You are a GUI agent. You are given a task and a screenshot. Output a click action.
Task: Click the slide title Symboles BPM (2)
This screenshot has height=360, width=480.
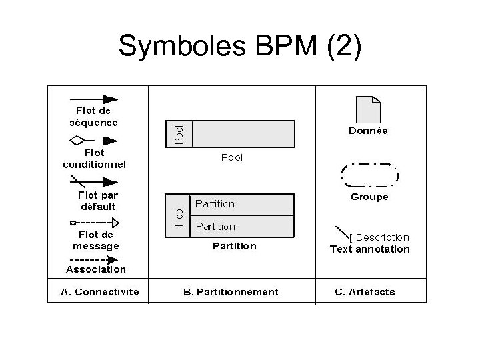pyautogui.click(x=240, y=46)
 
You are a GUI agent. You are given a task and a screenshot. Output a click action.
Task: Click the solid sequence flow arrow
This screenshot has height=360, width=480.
pyautogui.click(x=93, y=99)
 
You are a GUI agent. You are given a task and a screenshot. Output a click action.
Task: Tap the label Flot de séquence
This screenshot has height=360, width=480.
pyautogui.click(x=93, y=117)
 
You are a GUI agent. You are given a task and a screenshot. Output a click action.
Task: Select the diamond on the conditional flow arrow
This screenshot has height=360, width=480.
pyautogui.click(x=77, y=141)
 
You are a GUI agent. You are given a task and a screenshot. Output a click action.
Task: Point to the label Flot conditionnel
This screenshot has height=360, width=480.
pyautogui.click(x=94, y=158)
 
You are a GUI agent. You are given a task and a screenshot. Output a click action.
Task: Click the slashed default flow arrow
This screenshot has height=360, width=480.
pyautogui.click(x=93, y=181)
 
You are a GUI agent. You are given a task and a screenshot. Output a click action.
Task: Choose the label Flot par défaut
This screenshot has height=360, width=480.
pyautogui.click(x=97, y=201)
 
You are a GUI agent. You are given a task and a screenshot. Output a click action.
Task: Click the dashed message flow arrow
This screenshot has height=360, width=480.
pyautogui.click(x=94, y=223)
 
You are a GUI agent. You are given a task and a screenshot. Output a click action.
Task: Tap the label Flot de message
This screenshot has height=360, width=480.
pyautogui.click(x=96, y=240)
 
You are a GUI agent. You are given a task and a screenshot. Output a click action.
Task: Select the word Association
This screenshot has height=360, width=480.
pyautogui.click(x=96, y=269)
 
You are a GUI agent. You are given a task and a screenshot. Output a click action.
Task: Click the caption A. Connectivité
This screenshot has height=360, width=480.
pyautogui.click(x=100, y=291)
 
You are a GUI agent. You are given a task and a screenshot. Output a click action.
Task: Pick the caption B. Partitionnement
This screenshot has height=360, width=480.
pyautogui.click(x=231, y=291)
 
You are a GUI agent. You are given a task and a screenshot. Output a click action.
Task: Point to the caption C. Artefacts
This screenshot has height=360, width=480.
pyautogui.click(x=365, y=291)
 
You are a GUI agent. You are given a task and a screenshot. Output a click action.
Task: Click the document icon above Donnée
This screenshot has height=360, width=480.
pyautogui.click(x=368, y=109)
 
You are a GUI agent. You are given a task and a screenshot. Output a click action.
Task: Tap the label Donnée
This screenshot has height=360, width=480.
pyautogui.click(x=369, y=131)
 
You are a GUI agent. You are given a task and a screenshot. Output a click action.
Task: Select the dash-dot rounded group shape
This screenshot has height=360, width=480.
pyautogui.click(x=369, y=175)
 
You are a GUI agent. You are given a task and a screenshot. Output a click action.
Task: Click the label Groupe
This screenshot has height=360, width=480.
pyautogui.click(x=369, y=197)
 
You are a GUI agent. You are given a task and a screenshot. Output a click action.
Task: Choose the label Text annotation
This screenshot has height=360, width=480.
pyautogui.click(x=370, y=249)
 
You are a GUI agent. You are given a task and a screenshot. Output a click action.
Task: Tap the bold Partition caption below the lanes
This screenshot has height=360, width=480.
pyautogui.click(x=234, y=246)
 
